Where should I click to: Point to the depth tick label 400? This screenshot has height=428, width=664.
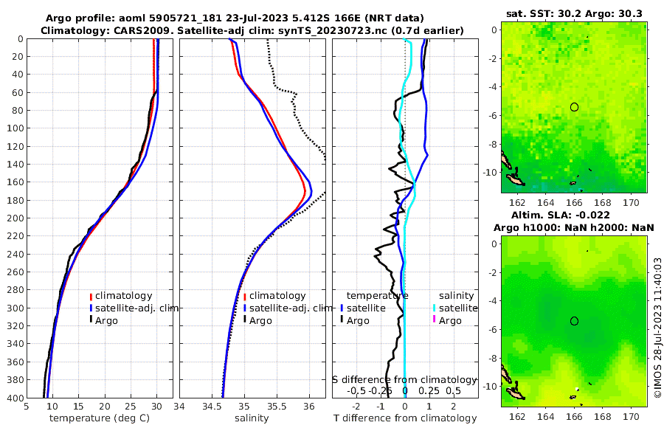13,398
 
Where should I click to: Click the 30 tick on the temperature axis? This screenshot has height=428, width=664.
156,406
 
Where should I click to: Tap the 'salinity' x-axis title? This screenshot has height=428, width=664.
252,418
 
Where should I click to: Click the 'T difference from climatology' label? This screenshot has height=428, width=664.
405,418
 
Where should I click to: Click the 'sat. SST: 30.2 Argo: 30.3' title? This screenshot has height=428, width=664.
573,13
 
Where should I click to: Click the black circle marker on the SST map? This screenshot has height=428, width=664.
574,107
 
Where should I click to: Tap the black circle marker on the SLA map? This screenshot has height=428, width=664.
574,320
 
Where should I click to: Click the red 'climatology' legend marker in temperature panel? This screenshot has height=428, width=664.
91,296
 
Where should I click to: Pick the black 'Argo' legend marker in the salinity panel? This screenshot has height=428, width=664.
244,320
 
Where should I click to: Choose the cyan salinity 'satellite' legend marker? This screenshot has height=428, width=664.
435,308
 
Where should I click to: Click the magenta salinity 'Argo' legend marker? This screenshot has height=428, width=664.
435,320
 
